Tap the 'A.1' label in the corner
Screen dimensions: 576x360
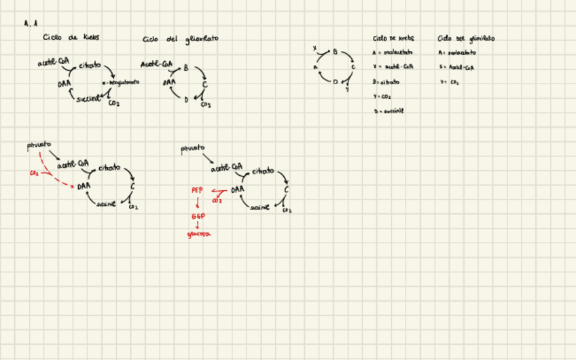30,23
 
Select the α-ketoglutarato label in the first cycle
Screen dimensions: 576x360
120,82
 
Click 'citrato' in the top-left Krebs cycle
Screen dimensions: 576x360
90,66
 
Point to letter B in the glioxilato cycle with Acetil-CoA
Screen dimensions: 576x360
186,68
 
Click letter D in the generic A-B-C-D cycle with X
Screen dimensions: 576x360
335,82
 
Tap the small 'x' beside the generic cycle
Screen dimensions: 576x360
314,49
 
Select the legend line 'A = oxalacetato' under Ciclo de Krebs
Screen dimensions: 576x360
395,52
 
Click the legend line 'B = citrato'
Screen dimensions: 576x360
386,82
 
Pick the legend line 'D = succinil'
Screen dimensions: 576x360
389,111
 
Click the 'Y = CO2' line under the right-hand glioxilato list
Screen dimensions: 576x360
450,82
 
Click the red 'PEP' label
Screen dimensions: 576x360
197,191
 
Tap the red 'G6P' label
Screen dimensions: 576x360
198,216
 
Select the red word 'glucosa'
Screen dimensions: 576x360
198,234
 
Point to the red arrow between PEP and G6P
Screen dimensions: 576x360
198,203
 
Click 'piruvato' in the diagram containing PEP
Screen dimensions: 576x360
192,148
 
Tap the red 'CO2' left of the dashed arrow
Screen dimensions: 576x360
34,173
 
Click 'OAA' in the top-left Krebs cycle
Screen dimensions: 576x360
65,84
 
